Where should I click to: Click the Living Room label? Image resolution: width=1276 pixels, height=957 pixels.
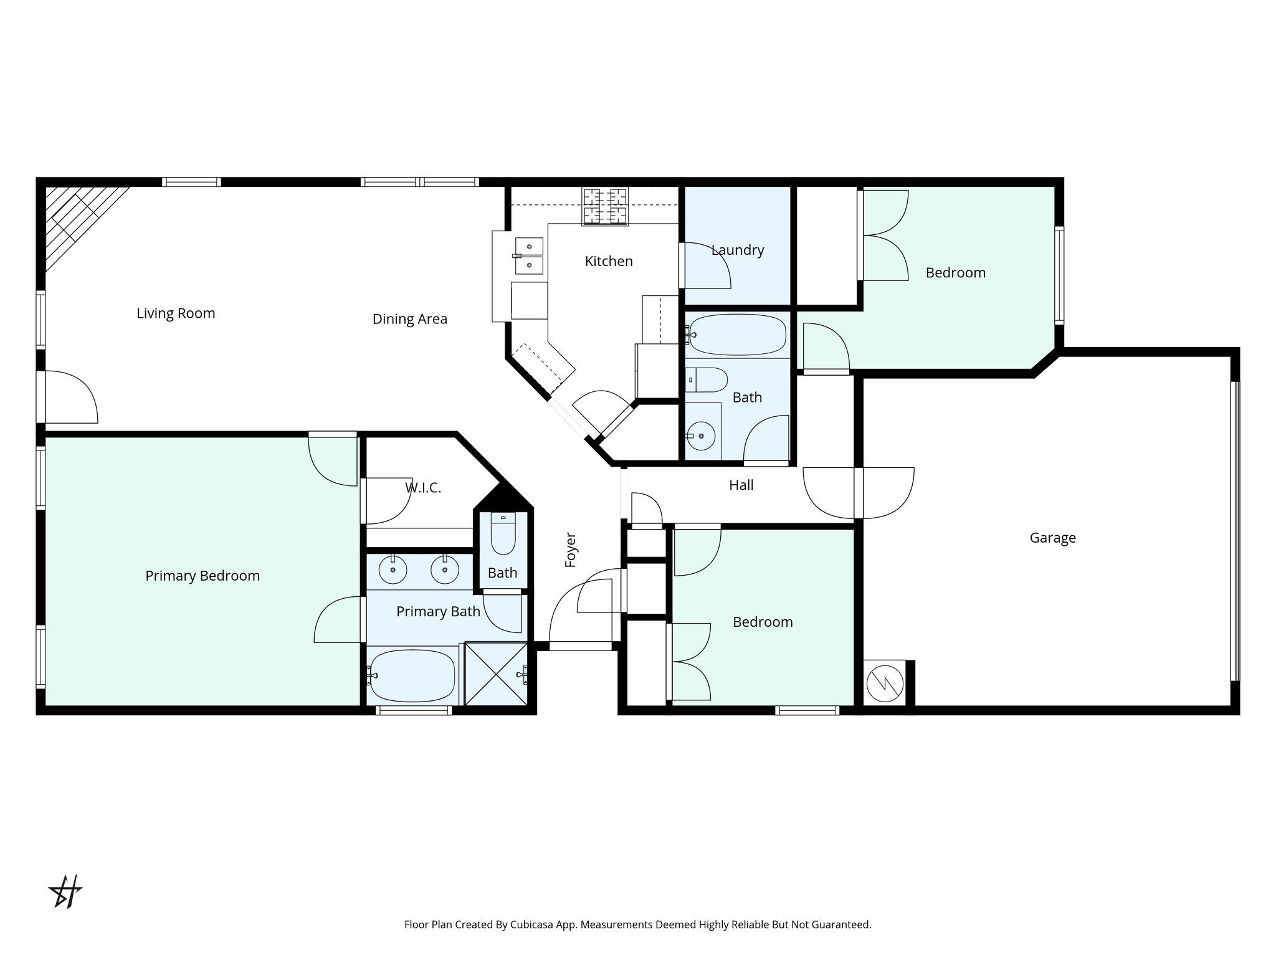176,313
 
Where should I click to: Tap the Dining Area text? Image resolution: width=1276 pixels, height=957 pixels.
409,319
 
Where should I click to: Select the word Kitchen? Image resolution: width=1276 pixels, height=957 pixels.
609,262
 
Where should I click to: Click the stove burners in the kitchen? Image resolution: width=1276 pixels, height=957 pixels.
604,206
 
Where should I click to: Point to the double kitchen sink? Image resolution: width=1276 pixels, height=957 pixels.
528,255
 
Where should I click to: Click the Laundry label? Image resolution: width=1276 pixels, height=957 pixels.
738,250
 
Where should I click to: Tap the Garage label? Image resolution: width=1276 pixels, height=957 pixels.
1052,538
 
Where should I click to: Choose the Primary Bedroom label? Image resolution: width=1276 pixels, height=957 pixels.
202,576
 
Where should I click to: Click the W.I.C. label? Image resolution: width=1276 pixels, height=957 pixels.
423,488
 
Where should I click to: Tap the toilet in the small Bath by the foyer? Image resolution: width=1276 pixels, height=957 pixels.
503,534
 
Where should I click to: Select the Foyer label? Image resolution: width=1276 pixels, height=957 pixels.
571,550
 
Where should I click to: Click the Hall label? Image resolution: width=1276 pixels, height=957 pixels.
741,485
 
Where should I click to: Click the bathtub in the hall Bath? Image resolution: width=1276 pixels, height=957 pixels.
738,335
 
